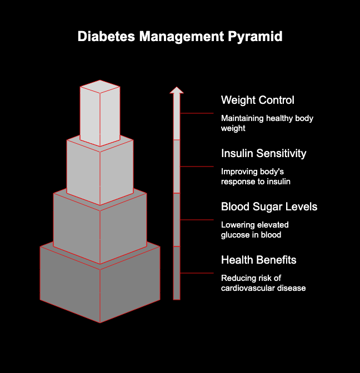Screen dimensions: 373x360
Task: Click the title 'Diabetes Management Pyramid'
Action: [x=180, y=37]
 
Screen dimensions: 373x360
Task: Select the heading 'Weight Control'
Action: [x=258, y=100]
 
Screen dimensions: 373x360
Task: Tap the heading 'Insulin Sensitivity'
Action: [x=263, y=154]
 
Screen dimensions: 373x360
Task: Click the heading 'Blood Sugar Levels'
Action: [x=269, y=207]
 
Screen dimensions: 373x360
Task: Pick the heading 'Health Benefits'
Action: [x=258, y=260]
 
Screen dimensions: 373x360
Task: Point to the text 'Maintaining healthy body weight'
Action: [x=267, y=123]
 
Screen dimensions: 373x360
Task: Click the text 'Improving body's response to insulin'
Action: [x=256, y=177]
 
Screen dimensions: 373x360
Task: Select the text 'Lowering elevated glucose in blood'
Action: [x=254, y=230]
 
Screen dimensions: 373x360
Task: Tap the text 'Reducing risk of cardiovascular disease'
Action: [x=263, y=283]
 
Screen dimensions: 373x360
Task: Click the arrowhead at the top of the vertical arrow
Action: [x=177, y=90]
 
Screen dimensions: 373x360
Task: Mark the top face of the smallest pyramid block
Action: [x=100, y=87]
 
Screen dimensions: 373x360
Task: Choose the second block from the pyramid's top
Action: [x=100, y=169]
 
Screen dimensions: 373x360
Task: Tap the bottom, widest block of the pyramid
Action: [x=100, y=286]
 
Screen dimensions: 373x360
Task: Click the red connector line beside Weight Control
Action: [x=197, y=113]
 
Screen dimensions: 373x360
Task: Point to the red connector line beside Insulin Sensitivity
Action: [x=197, y=167]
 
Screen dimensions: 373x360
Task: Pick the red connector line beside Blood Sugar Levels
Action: [x=197, y=220]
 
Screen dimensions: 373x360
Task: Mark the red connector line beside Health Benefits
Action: [x=197, y=273]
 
